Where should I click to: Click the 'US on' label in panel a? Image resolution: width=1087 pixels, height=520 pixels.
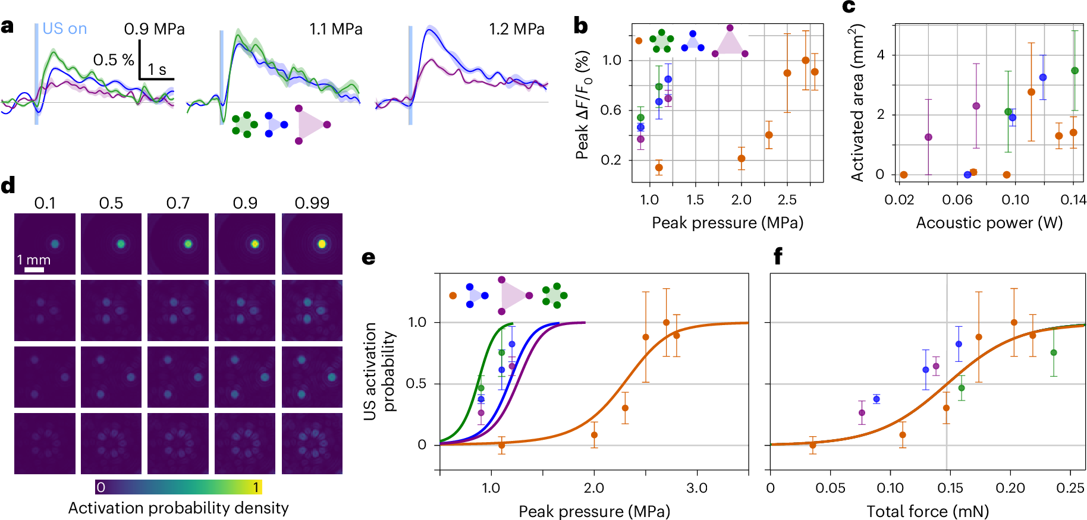(64, 29)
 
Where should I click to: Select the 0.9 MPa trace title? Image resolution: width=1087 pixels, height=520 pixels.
(154, 29)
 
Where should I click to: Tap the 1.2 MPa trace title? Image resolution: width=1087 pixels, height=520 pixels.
(516, 29)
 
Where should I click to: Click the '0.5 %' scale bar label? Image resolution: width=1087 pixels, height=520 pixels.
(114, 60)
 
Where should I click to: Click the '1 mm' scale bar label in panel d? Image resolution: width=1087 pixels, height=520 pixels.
(33, 260)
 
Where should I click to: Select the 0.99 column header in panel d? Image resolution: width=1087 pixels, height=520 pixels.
(312, 203)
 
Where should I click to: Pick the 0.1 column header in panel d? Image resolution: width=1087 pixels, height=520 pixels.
(45, 203)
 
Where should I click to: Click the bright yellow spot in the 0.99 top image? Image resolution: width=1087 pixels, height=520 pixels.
(322, 244)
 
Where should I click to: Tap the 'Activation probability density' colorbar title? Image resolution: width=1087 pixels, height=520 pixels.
(178, 508)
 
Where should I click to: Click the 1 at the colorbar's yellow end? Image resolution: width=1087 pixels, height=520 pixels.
(256, 487)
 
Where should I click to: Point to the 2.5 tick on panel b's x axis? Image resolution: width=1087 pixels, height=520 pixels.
(787, 200)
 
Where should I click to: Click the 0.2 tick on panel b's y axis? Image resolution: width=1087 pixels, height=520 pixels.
(611, 160)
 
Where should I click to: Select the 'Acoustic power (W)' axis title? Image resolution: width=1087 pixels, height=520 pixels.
(989, 223)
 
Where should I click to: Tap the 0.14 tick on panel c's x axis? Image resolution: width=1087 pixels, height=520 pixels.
(1073, 200)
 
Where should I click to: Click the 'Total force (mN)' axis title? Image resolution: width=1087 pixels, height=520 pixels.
(928, 511)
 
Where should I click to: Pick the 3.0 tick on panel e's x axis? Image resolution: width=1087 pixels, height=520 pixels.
(697, 488)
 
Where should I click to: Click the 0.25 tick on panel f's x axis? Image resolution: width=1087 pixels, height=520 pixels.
(1070, 488)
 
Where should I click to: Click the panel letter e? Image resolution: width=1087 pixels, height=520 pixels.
(369, 257)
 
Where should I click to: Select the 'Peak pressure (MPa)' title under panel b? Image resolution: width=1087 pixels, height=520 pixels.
(727, 223)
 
